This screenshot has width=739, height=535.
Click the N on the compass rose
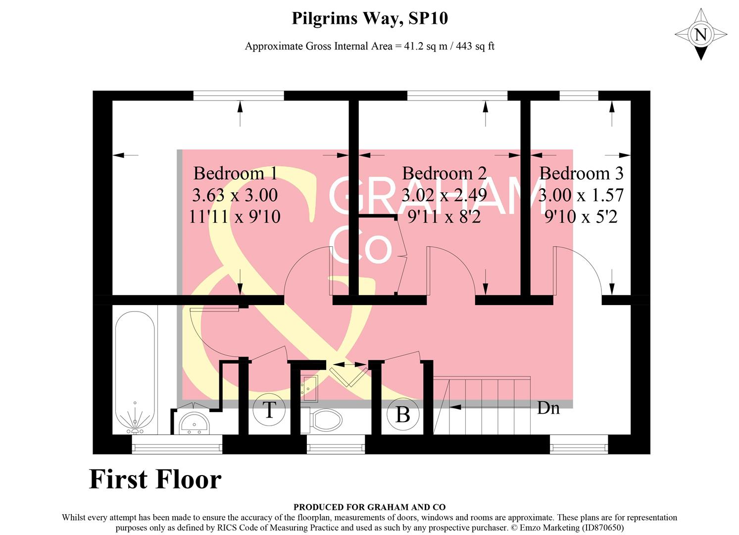700,35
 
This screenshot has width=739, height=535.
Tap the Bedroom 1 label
235,173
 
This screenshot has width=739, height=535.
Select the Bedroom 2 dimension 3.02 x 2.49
444,195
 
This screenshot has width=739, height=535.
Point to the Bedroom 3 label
581,173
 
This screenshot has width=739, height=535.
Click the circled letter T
269,410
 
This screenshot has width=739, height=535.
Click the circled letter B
403,414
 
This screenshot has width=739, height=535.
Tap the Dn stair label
548,408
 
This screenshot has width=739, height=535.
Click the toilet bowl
325,421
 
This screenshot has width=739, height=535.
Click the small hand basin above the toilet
309,388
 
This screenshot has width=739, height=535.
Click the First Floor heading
155,480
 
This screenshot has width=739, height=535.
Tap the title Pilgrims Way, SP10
369,18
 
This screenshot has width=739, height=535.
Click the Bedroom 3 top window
579,96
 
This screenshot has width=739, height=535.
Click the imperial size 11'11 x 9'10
235,216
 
